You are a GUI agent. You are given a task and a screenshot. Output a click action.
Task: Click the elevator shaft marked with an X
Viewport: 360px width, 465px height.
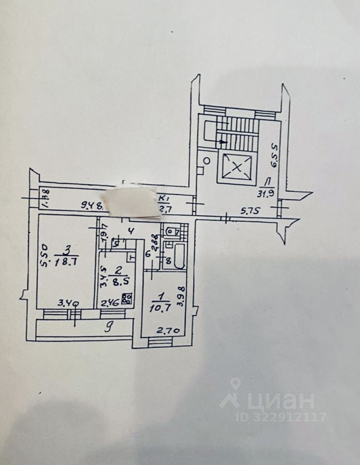pos(237,168)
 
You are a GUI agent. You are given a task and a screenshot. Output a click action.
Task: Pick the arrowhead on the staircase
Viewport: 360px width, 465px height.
pos(223,141)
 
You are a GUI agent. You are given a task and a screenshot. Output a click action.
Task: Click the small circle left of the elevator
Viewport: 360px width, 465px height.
pos(207,160)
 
